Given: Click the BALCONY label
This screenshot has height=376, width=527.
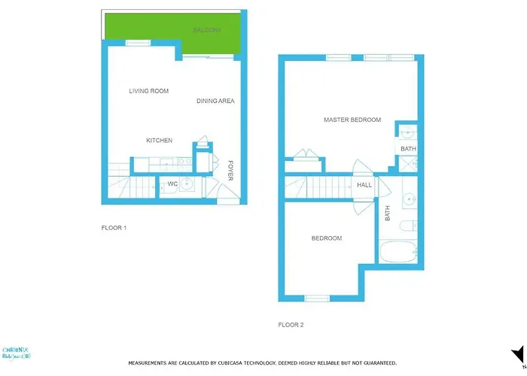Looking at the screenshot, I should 206,30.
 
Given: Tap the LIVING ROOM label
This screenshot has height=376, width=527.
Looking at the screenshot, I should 148,91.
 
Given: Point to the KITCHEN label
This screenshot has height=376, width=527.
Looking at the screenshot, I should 159,141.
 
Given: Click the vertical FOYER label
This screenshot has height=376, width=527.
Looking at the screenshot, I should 231,169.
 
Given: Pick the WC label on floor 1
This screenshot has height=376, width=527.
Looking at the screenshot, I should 172,183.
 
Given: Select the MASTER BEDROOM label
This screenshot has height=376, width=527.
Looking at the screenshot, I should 352,120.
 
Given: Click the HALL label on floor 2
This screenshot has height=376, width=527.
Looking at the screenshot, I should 364,185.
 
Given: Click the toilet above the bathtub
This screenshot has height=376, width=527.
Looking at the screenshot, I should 407,226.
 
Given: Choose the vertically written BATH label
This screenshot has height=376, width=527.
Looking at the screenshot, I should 388,214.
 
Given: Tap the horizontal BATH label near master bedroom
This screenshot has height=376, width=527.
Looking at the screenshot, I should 408,149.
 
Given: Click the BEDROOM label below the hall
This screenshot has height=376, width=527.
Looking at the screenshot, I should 327,238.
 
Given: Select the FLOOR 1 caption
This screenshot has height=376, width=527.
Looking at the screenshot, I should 114,227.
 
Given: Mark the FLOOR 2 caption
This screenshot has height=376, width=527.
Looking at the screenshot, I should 291,325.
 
